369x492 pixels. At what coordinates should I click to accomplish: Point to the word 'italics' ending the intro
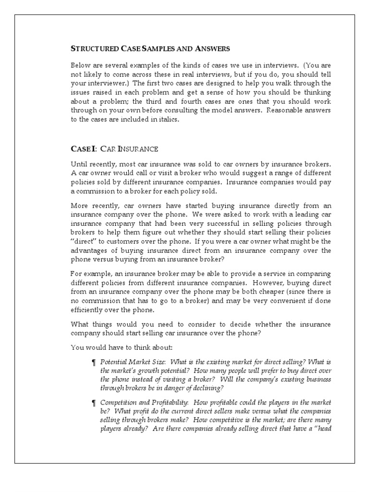click(x=169, y=120)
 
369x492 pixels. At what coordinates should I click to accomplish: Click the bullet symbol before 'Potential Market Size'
click(x=94, y=362)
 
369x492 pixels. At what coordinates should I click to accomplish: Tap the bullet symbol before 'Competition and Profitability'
click(x=94, y=402)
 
